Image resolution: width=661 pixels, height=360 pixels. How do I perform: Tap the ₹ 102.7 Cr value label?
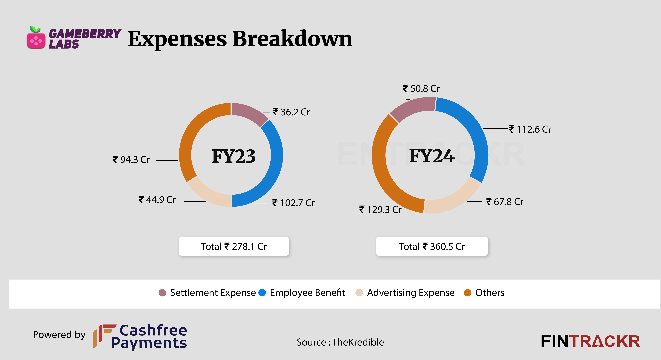tap(293, 203)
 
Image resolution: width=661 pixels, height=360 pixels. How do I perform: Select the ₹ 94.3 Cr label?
tap(131, 159)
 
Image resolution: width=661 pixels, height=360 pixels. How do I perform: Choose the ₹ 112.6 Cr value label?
tap(530, 129)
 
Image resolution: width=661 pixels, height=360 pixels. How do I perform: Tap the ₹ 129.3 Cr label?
tap(380, 209)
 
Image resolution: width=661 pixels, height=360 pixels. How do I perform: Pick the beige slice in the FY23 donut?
tap(208, 194)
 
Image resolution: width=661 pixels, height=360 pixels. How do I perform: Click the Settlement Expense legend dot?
tap(162, 293)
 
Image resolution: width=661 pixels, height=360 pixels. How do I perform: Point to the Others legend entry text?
tap(490, 293)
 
